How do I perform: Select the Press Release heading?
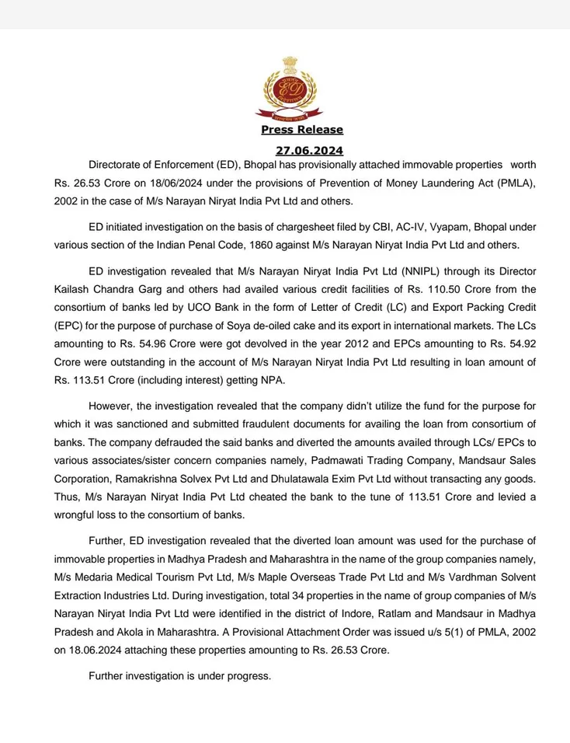coord(301,130)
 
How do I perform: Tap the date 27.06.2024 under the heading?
coord(309,151)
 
